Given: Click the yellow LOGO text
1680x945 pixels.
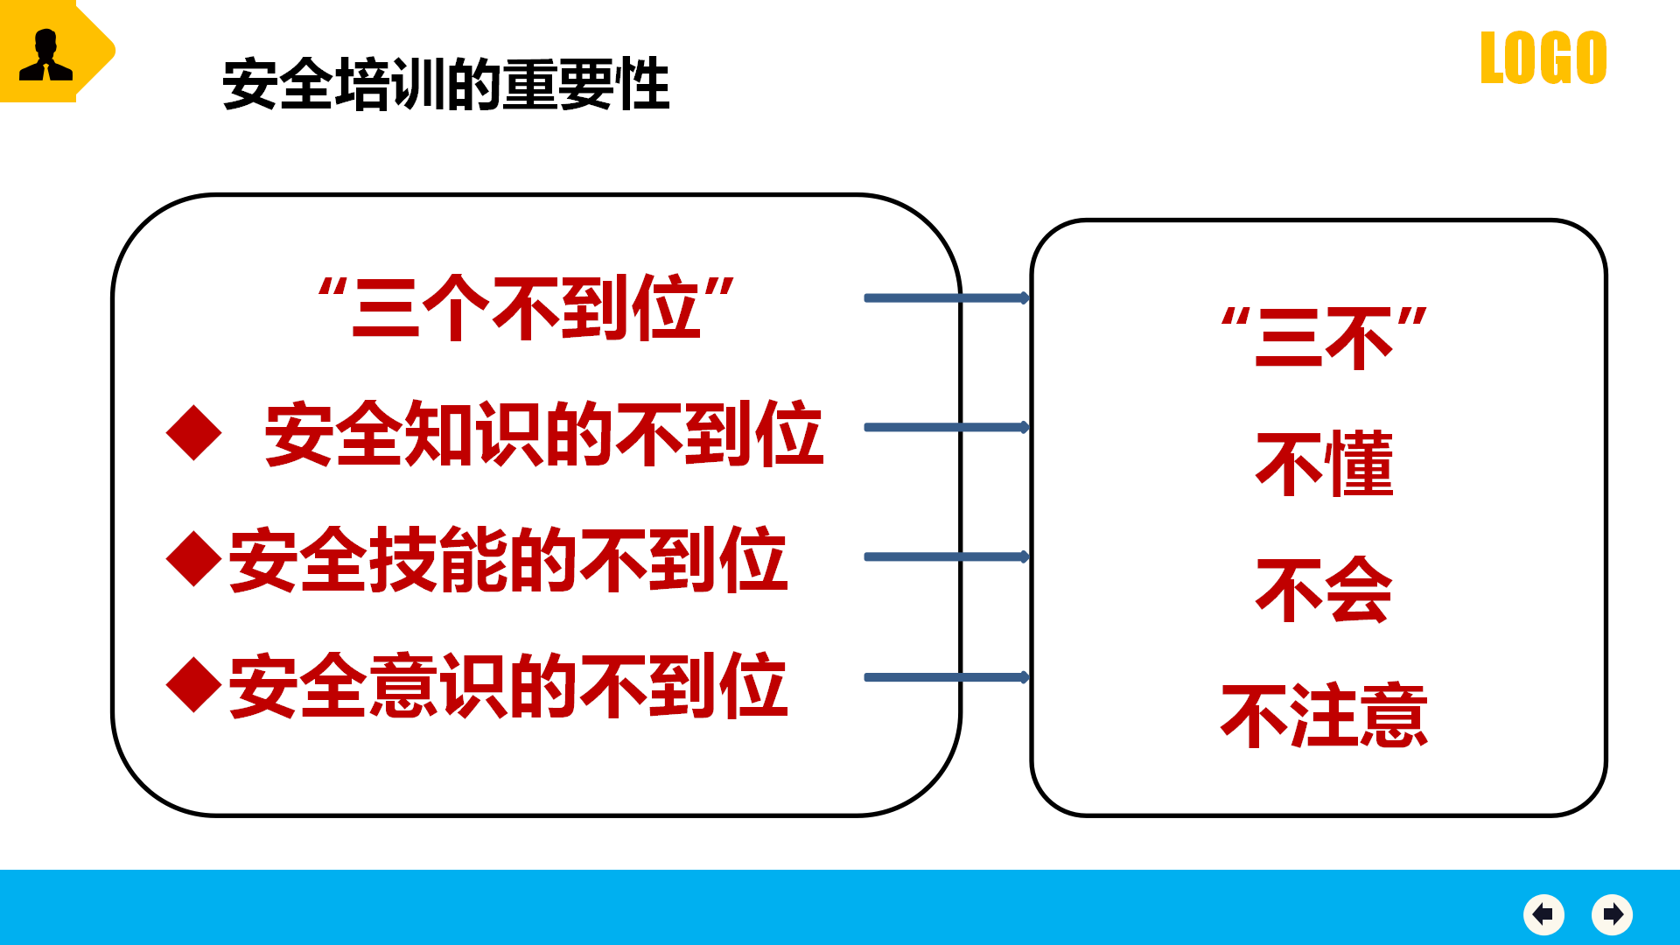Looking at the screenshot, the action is [1543, 58].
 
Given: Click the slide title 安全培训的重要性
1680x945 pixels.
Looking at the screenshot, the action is [446, 84].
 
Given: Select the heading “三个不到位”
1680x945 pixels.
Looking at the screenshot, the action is [526, 307].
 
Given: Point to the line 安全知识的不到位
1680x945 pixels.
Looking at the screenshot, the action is [543, 433].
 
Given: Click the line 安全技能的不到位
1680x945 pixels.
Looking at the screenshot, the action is [508, 559].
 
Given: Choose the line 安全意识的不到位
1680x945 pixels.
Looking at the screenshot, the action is [508, 685].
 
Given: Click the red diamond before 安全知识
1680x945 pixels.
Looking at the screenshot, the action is [193, 433].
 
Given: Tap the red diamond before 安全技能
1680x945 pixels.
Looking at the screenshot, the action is [193, 559].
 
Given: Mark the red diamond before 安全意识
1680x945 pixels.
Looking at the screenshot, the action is [193, 685].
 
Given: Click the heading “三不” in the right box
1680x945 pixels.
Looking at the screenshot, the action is [1325, 337].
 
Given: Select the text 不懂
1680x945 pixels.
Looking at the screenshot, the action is [1325, 464].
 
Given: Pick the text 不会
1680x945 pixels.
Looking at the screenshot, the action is [1325, 590].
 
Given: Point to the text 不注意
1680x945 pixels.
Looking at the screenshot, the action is [1325, 716].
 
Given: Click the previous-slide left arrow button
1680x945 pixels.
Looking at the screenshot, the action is [1543, 914].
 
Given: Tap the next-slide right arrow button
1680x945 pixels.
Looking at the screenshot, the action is [1613, 914].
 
